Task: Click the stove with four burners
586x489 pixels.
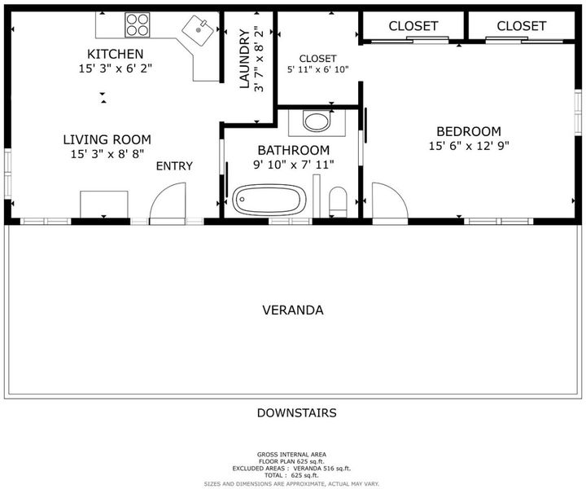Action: click(x=138, y=24)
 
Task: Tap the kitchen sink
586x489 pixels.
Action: click(x=198, y=30)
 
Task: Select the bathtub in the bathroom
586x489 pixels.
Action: click(x=269, y=200)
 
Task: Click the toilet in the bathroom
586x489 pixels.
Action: click(x=339, y=202)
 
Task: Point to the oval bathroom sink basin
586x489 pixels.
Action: click(x=317, y=121)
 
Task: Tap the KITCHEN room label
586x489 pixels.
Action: click(x=115, y=55)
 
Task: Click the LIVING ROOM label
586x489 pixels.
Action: click(x=107, y=139)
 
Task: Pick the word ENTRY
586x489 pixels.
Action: click(x=174, y=165)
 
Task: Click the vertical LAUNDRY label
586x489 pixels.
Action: click(x=244, y=59)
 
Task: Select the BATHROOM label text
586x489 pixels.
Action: click(x=294, y=150)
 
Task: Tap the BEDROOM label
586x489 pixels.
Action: click(x=469, y=131)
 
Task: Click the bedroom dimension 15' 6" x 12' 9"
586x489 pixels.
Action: click(x=469, y=146)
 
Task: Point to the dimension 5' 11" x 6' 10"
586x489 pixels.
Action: click(x=317, y=69)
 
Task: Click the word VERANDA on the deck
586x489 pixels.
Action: click(x=293, y=311)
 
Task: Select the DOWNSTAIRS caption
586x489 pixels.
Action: click(x=297, y=412)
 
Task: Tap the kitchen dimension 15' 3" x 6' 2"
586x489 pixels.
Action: click(x=115, y=68)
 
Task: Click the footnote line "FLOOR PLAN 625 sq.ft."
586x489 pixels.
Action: click(x=291, y=461)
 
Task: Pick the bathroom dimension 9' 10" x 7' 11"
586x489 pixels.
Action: click(x=294, y=165)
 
